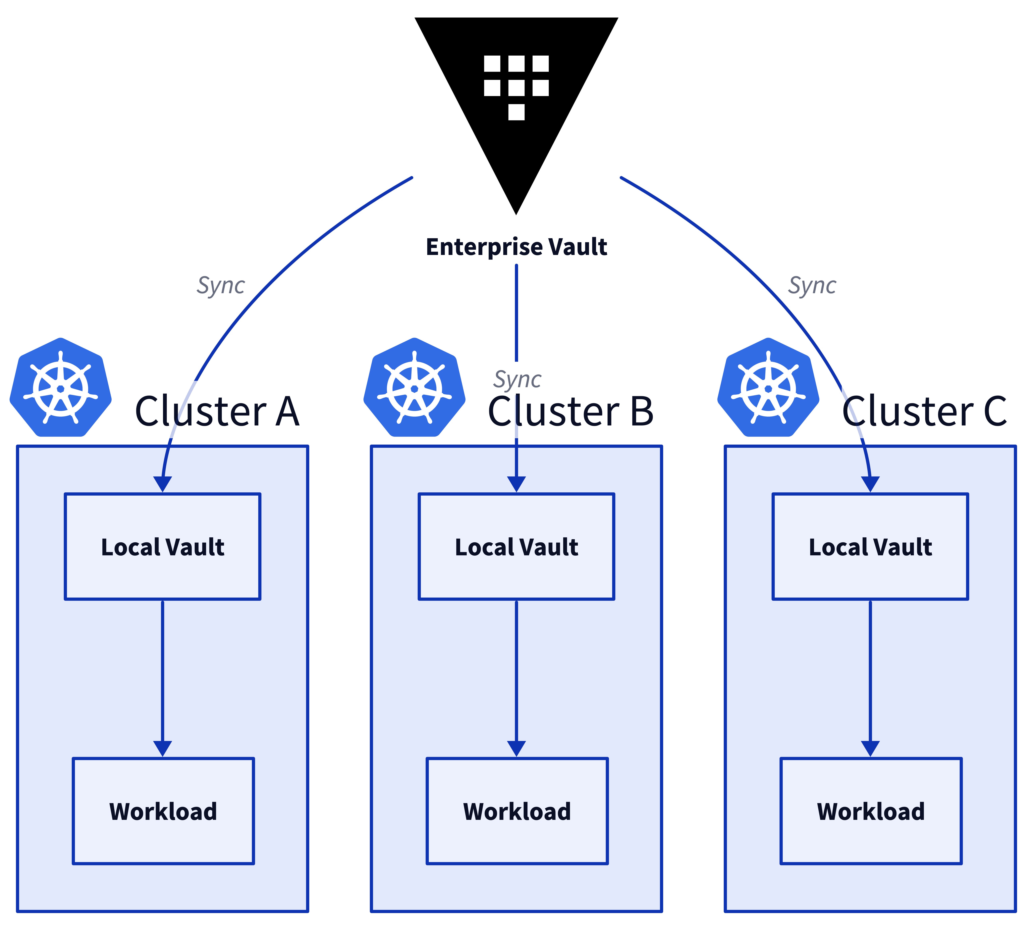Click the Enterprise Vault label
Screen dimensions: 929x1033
tap(516, 247)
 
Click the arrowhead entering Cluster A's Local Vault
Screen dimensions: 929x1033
tap(162, 484)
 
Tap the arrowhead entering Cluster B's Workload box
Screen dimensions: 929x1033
tap(516, 748)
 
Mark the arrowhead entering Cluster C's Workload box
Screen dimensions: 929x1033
tap(870, 748)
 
